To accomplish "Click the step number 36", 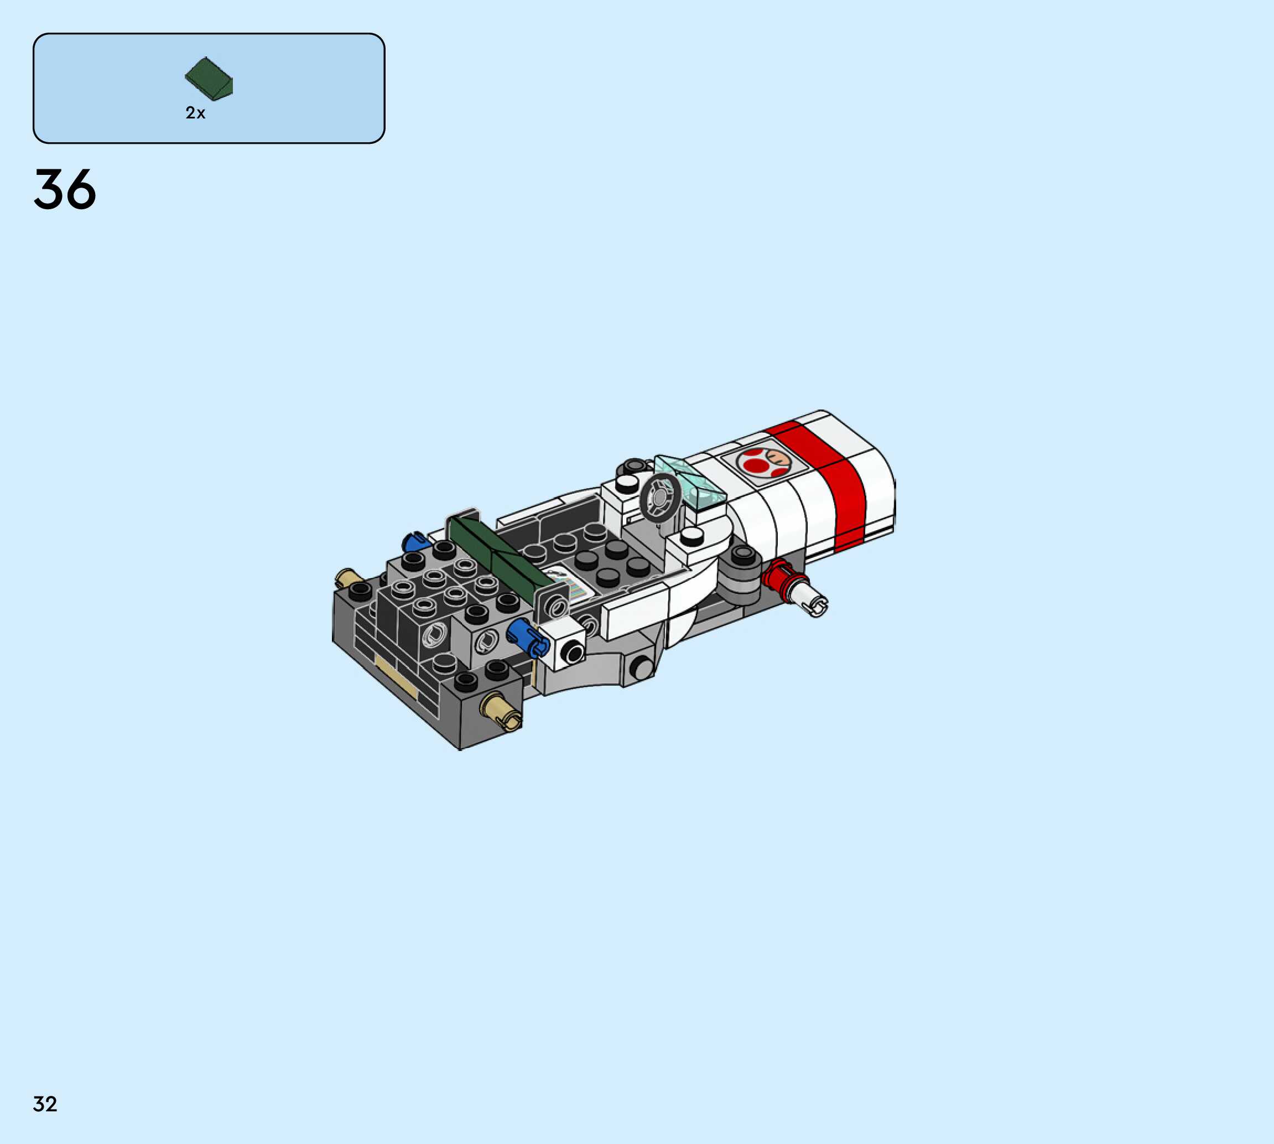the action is click(65, 189).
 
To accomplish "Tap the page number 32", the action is click(45, 1104).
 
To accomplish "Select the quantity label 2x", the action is click(195, 112).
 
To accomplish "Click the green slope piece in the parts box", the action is click(209, 79).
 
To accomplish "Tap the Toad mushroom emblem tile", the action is click(763, 462).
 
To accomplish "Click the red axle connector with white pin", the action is click(795, 587).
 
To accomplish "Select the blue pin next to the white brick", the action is click(528, 638).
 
